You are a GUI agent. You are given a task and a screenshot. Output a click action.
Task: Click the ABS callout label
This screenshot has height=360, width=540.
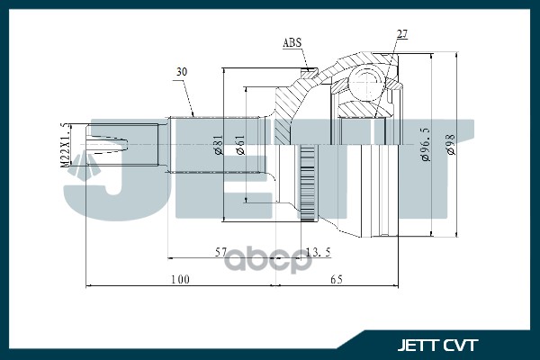tap(292, 42)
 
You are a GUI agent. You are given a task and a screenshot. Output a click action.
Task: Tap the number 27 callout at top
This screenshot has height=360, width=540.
tap(402, 34)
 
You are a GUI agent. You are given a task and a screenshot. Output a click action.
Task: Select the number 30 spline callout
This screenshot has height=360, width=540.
tap(182, 72)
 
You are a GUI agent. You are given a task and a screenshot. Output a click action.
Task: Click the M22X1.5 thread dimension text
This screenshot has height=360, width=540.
tap(65, 145)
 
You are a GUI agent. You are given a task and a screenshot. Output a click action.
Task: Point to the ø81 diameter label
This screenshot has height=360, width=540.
tap(219, 144)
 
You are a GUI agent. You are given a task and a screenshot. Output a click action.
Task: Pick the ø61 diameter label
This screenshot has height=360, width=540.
tap(240, 145)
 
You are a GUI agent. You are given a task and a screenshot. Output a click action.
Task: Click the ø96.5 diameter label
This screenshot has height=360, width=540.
tap(426, 144)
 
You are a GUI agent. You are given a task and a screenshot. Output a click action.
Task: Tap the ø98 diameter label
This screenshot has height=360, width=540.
tap(450, 144)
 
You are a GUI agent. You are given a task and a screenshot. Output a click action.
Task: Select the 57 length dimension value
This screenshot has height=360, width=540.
tap(221, 252)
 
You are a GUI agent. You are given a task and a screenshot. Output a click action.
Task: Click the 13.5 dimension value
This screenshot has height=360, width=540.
tap(319, 252)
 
